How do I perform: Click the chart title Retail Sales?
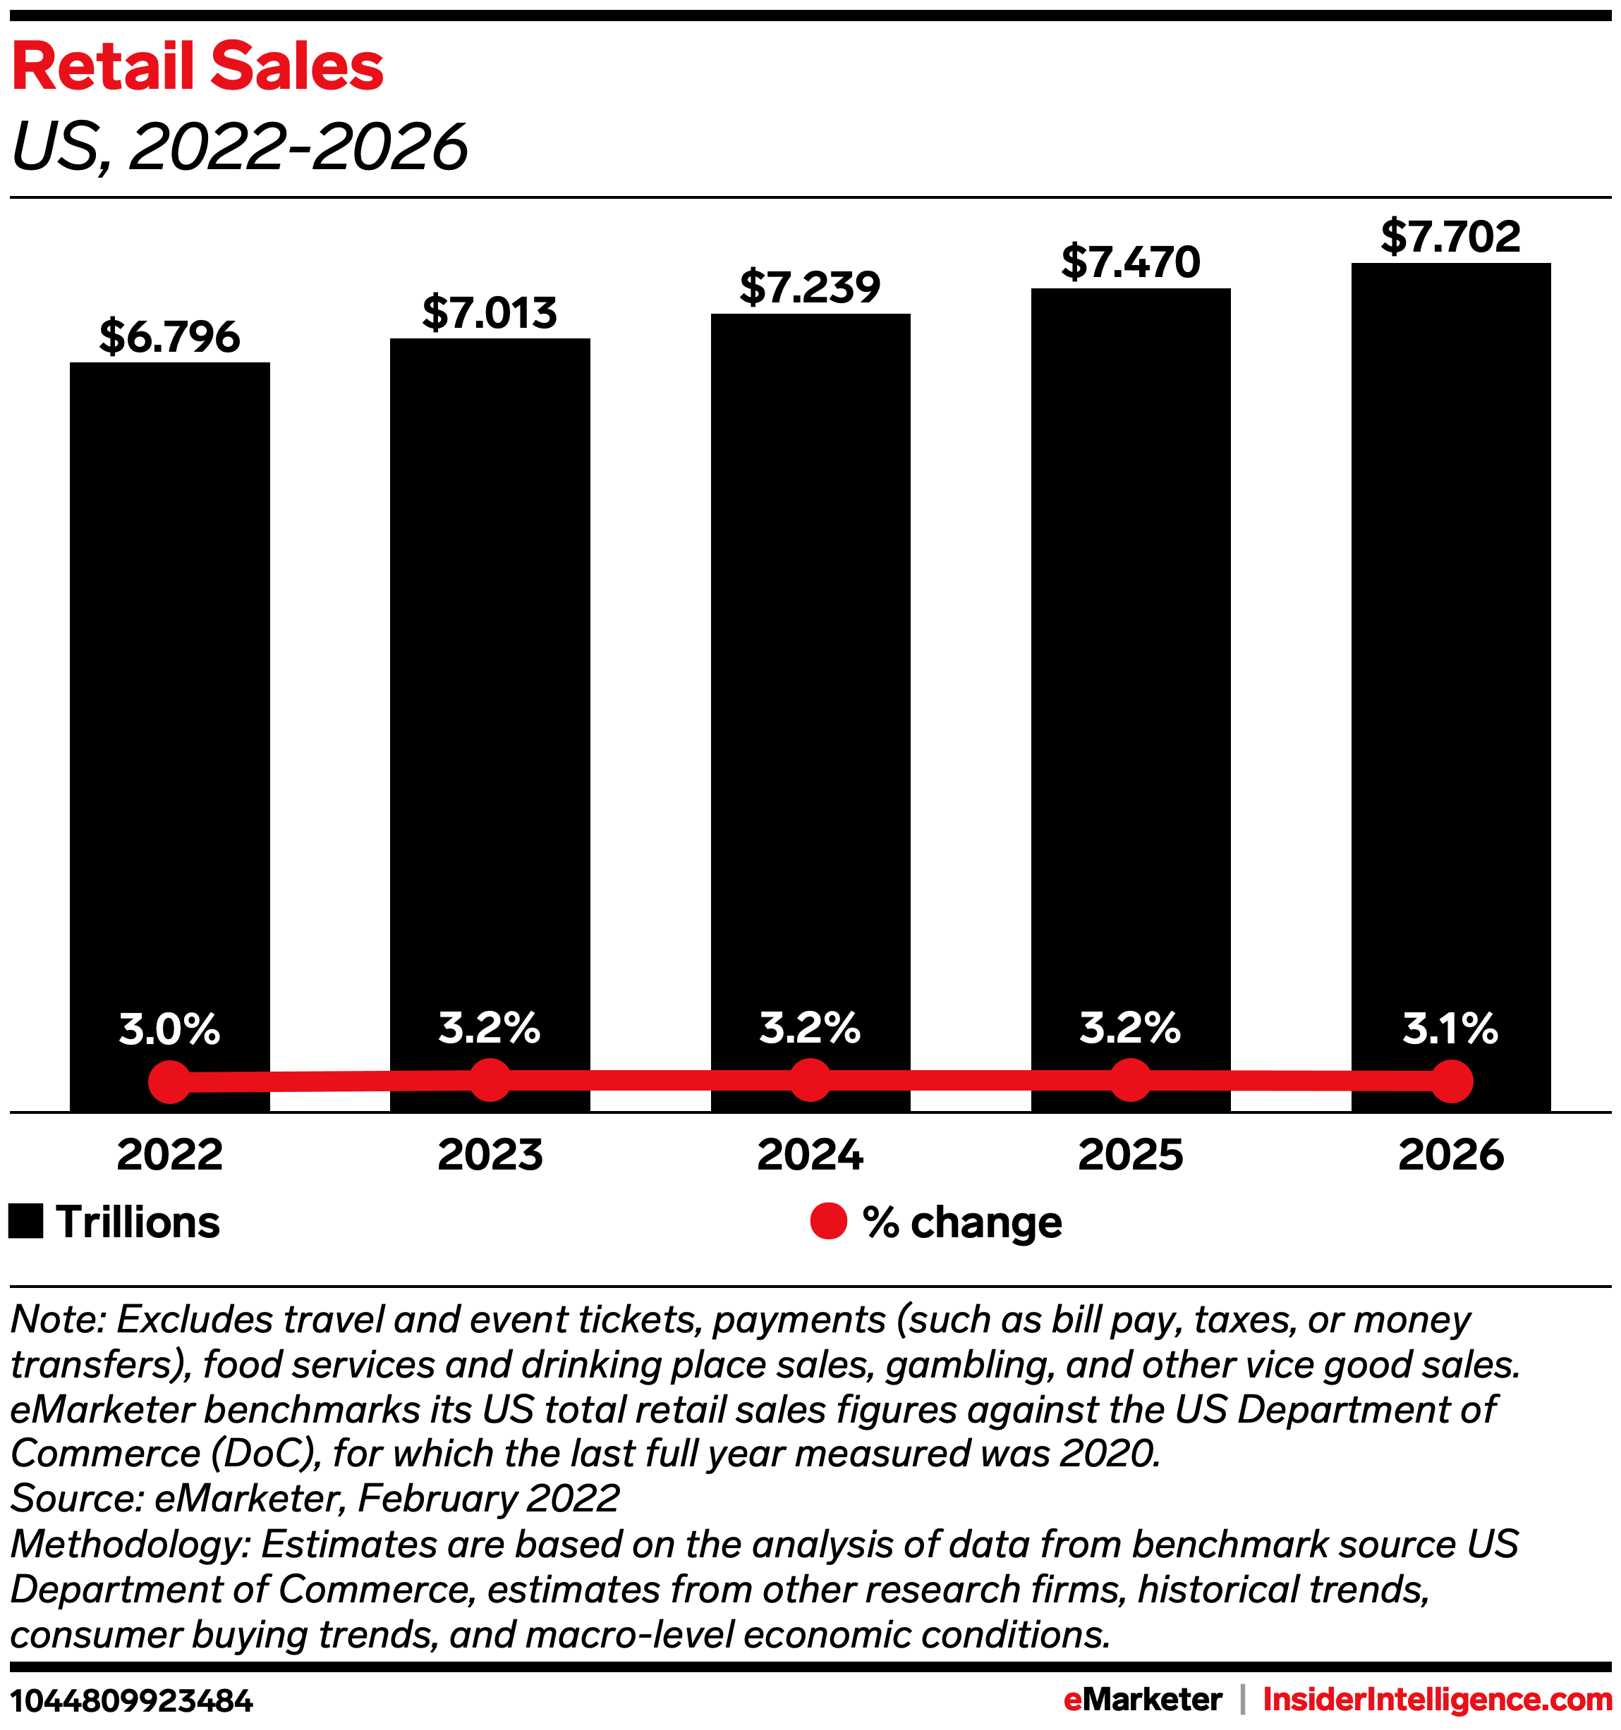click(198, 67)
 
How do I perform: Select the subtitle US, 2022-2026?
click(239, 146)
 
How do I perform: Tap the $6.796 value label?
click(170, 337)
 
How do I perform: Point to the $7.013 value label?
click(490, 312)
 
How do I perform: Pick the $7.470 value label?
click(1130, 262)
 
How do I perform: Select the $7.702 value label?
click(1450, 237)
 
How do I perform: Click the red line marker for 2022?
click(170, 1081)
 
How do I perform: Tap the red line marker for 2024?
click(810, 1080)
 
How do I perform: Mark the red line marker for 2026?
click(1451, 1081)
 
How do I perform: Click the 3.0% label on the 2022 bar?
click(170, 1029)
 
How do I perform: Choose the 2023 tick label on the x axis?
click(490, 1154)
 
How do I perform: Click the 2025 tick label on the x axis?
click(1131, 1154)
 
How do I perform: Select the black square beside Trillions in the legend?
click(26, 1221)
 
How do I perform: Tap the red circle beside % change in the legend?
click(828, 1221)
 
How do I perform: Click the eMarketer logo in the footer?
click(1142, 1699)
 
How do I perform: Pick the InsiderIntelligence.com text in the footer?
click(1438, 1699)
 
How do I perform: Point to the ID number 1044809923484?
click(131, 1700)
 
